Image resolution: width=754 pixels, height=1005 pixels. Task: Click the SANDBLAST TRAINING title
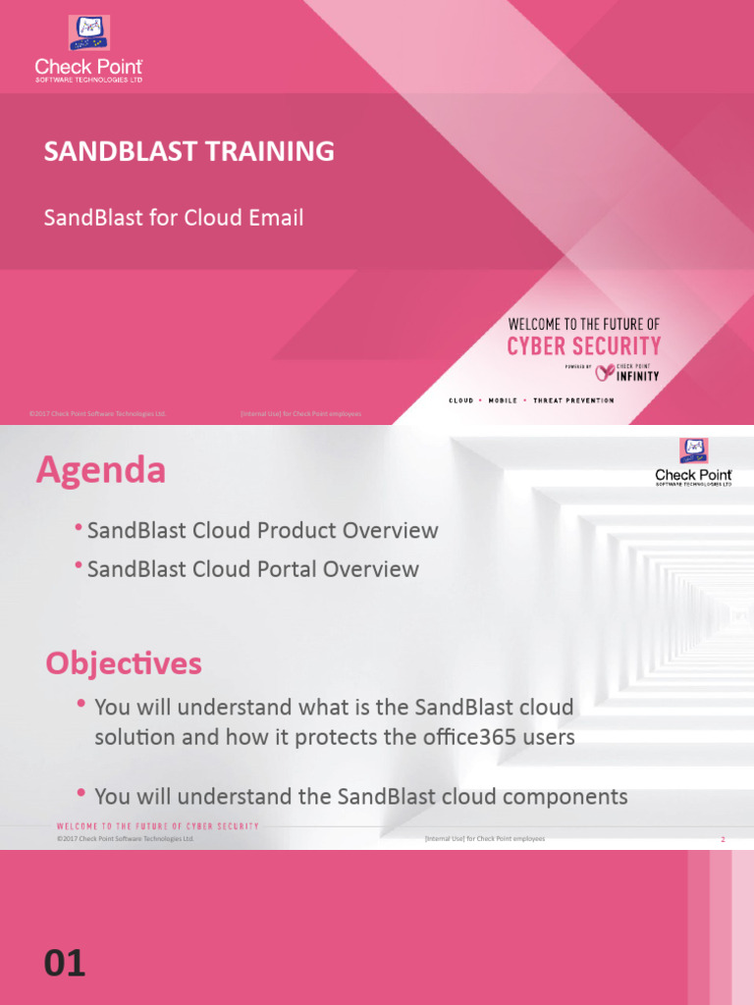point(188,151)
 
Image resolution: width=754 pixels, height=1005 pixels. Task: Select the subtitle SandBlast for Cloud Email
point(173,218)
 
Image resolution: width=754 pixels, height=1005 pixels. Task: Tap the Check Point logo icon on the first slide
point(89,33)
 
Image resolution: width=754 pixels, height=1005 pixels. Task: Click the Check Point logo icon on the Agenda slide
point(694,451)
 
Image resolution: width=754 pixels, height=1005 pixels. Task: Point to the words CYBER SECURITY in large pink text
point(583,346)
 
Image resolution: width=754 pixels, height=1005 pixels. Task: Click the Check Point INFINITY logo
point(628,371)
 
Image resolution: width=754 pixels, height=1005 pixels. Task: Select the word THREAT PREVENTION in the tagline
point(573,400)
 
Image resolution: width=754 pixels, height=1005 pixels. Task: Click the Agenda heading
point(101,471)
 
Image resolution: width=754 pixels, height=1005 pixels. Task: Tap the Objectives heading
point(124,663)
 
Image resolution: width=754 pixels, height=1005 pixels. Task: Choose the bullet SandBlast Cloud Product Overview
point(262,531)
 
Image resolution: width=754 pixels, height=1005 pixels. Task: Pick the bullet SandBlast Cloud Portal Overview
point(252,569)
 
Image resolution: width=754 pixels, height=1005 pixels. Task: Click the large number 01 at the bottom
point(65,964)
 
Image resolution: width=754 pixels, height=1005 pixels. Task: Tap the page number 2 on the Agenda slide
point(723,840)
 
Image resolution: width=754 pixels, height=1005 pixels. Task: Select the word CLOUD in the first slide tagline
point(461,400)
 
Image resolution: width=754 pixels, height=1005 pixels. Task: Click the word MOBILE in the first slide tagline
point(503,400)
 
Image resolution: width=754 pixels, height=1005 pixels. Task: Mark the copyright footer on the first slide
point(98,414)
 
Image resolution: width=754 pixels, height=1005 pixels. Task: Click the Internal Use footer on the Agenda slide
point(484,840)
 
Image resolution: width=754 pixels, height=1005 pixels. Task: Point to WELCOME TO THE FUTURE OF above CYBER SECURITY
point(583,324)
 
